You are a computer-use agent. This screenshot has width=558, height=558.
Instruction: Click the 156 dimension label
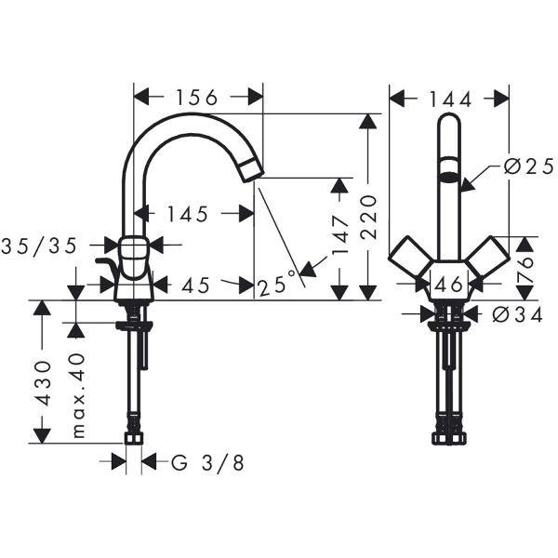pyautogui.click(x=197, y=97)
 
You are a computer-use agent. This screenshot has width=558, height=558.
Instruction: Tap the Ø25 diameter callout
pyautogui.click(x=523, y=166)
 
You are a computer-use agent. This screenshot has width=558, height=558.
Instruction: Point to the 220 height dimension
pyautogui.click(x=369, y=215)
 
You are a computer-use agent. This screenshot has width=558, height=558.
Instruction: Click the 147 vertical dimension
pyautogui.click(x=340, y=235)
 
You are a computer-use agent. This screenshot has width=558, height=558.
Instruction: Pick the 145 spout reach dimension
pyautogui.click(x=189, y=214)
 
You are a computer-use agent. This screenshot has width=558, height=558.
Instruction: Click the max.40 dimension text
pyautogui.click(x=78, y=394)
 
